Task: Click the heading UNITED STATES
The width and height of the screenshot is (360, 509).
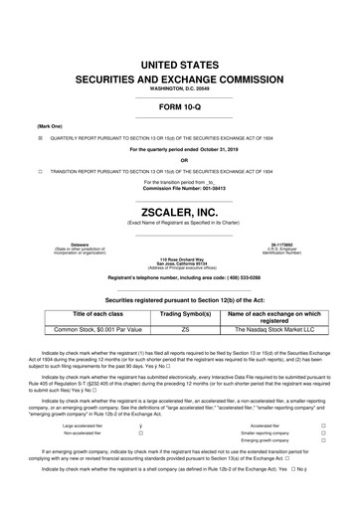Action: point(179,65)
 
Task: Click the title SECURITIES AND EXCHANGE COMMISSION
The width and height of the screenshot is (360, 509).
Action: point(179,79)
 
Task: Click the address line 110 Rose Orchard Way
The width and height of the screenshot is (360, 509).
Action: point(179,256)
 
